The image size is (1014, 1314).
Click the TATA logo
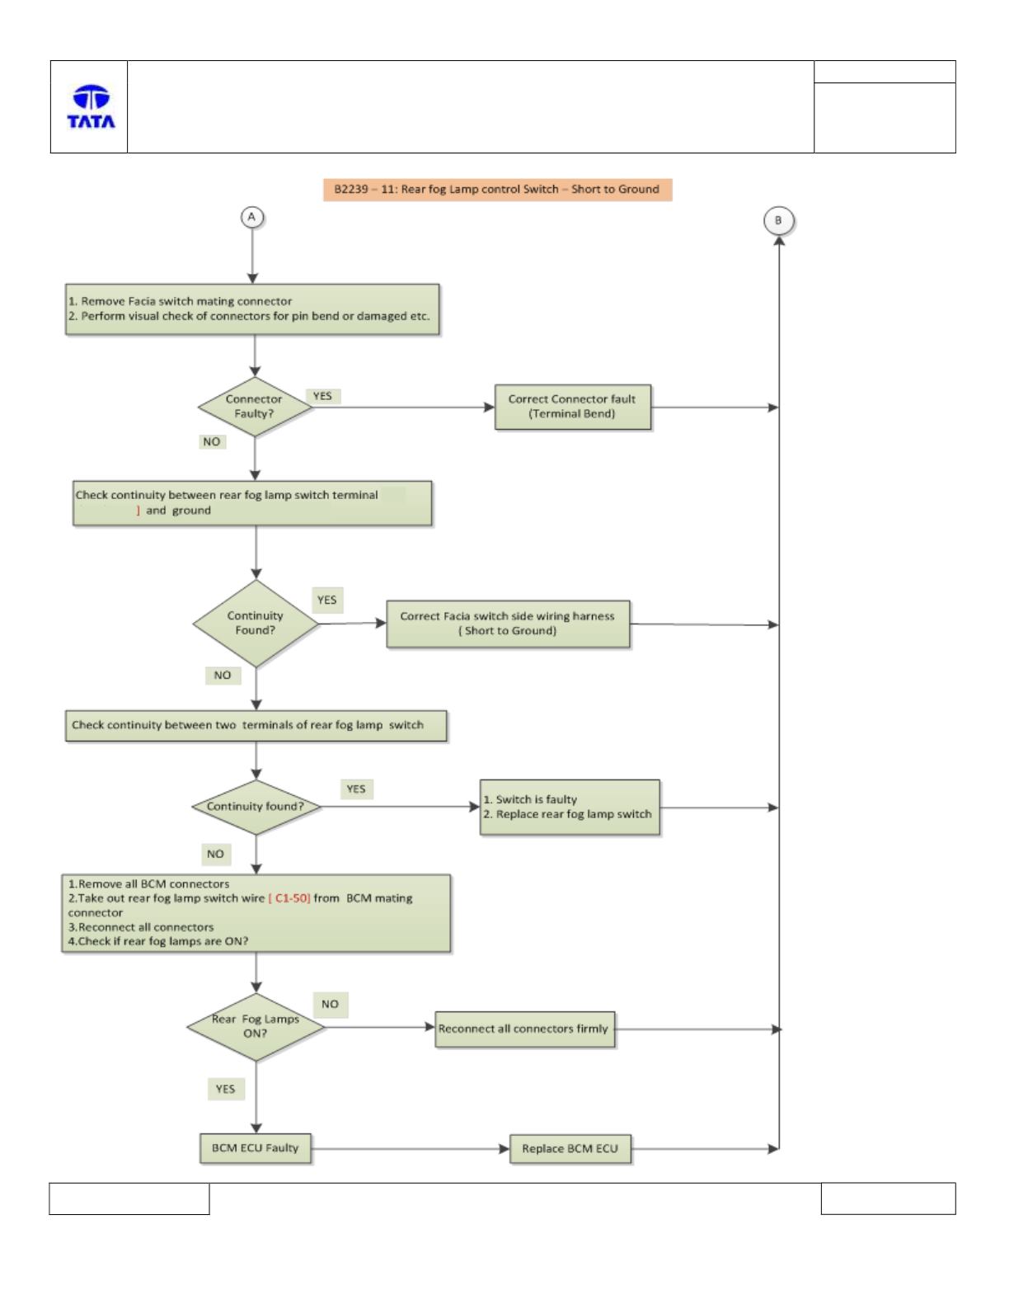[91, 106]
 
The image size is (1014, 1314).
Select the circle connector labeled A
[252, 217]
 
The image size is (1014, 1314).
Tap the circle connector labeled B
[778, 221]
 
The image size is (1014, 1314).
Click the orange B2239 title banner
[497, 189]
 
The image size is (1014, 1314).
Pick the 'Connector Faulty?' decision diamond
[255, 407]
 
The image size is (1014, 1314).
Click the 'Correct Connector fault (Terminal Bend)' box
[572, 407]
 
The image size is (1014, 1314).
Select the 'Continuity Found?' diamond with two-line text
[256, 624]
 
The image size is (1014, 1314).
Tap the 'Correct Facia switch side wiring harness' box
[508, 624]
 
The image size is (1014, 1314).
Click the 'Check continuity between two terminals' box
[256, 726]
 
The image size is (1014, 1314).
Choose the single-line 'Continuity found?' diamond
[256, 807]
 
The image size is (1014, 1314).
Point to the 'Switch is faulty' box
[570, 808]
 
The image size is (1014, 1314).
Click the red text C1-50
[289, 898]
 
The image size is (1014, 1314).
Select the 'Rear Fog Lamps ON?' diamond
[256, 1027]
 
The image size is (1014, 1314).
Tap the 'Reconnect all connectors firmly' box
[524, 1029]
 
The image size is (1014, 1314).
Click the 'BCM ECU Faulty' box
[255, 1148]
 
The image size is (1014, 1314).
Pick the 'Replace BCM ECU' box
[570, 1149]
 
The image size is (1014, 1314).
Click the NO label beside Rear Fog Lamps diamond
[330, 1005]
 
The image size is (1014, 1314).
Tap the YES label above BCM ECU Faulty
[225, 1089]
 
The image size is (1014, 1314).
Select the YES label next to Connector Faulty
[322, 396]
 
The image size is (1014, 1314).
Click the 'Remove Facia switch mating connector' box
[252, 309]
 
